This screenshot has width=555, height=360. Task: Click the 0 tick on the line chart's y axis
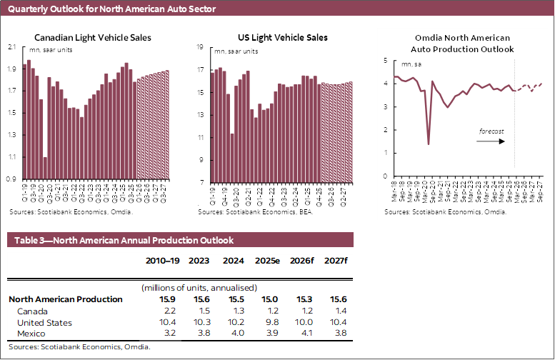pos(386,176)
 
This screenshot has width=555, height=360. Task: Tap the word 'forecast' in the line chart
pos(492,131)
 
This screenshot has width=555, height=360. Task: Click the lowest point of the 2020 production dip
pos(429,144)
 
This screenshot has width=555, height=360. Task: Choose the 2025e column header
pos(267,261)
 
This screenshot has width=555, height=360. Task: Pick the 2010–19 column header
pos(161,261)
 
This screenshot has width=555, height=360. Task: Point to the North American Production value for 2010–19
pos(170,300)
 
